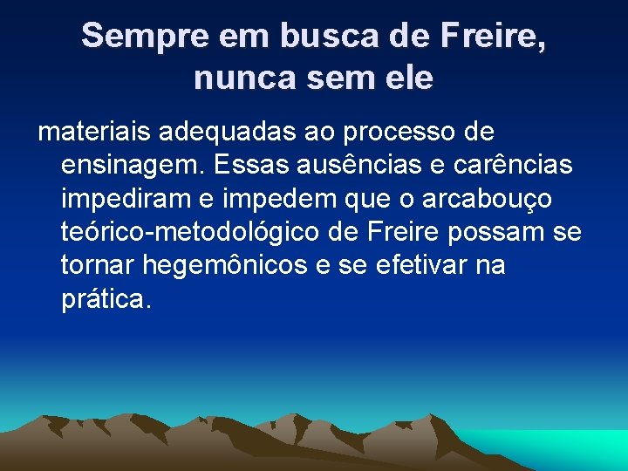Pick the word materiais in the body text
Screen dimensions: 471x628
92,133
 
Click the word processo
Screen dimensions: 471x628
397,133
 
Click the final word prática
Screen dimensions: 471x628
106,299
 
